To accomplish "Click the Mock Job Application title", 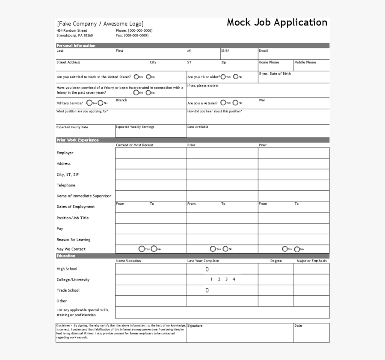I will pos(277,23).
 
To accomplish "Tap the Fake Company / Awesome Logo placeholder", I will pos(100,24).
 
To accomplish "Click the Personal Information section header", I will pos(76,46).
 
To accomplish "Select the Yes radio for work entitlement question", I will pos(136,77).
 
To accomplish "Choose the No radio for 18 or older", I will pos(235,77).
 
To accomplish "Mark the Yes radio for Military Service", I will pos(89,103).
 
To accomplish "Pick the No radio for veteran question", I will pos(235,103).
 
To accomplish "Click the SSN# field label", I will pos(225,51).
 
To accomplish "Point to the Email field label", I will pos(263,51).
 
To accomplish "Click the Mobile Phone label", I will pos(305,62).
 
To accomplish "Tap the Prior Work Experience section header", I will pos(77,140).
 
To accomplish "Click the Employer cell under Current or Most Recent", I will pos(151,153).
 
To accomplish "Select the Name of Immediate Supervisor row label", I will pos(84,196).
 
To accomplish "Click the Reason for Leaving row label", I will pos(74,240).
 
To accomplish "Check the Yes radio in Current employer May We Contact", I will pos(141,249).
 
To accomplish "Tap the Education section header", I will pos(66,256).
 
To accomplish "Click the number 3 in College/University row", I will pos(226,280).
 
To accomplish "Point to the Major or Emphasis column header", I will pos(312,261).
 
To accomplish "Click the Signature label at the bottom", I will pos(195,326).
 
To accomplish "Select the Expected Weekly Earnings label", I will pos(135,127).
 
